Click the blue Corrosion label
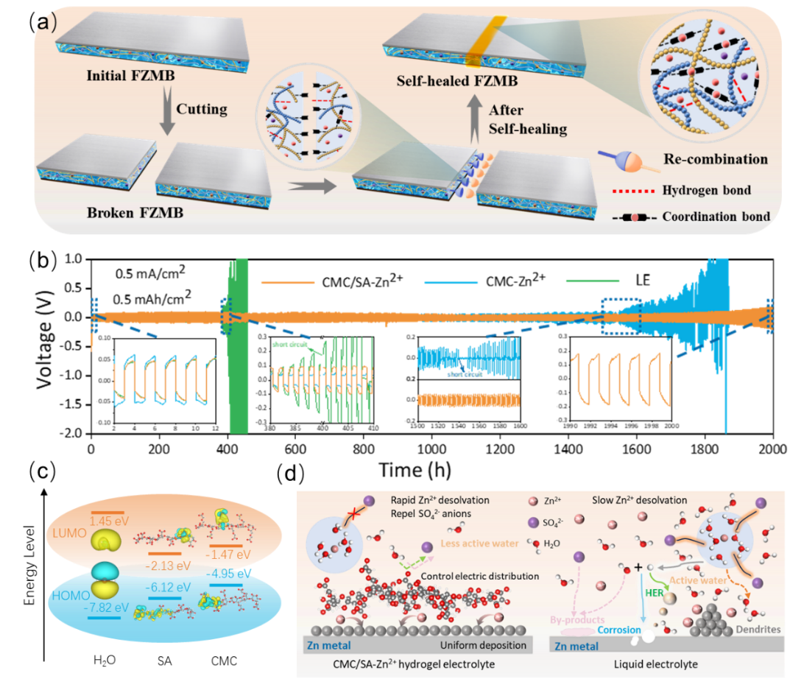tap(618, 630)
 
